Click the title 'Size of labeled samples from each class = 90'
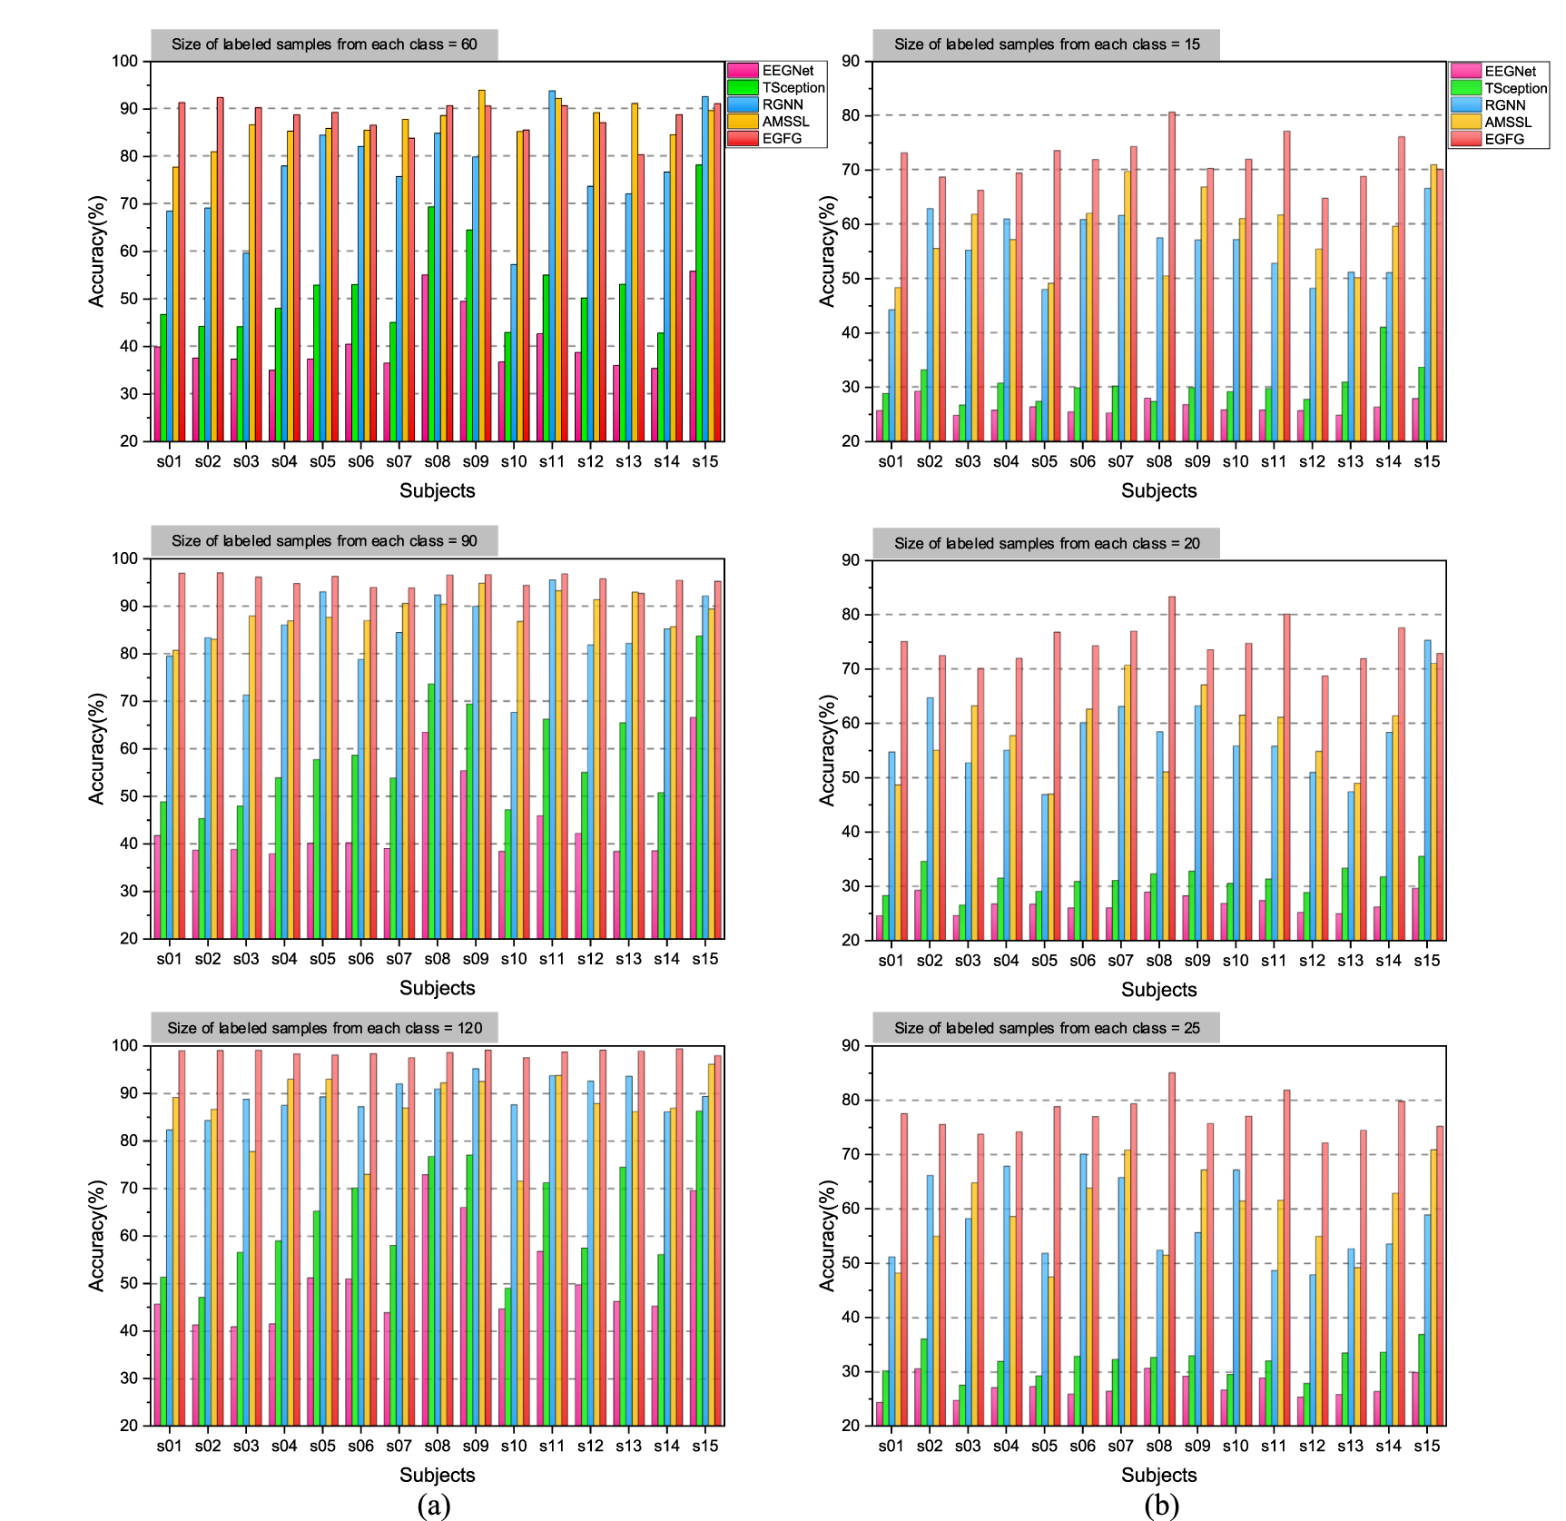324,541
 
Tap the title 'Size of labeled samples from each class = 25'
1046,1028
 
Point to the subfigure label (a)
434,1505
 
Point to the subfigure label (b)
1161,1505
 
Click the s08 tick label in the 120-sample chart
437,1446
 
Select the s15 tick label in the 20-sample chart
1426,961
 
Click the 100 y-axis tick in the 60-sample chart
125,62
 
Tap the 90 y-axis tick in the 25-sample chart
850,1046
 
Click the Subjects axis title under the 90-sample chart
437,988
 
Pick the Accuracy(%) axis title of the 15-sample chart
826,252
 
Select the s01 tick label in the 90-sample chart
169,959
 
